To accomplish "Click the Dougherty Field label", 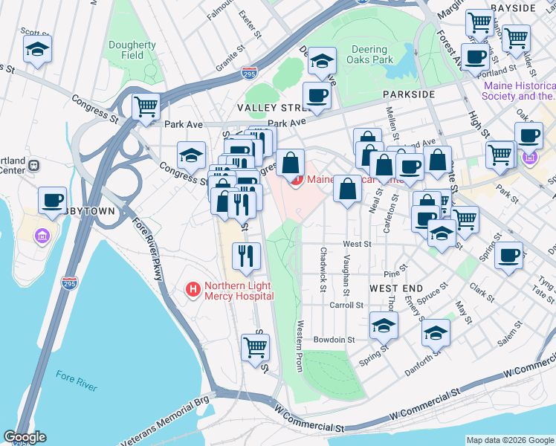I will click(x=132, y=50).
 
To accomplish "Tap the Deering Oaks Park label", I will click(x=371, y=54).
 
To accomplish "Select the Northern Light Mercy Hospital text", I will click(x=239, y=291).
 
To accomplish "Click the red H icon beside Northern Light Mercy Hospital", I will click(x=193, y=288).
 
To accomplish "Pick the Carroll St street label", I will click(x=346, y=305).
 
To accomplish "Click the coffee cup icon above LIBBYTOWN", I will click(x=52, y=200).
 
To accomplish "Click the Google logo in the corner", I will click(x=25, y=437).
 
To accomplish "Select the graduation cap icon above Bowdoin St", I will click(x=384, y=325).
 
